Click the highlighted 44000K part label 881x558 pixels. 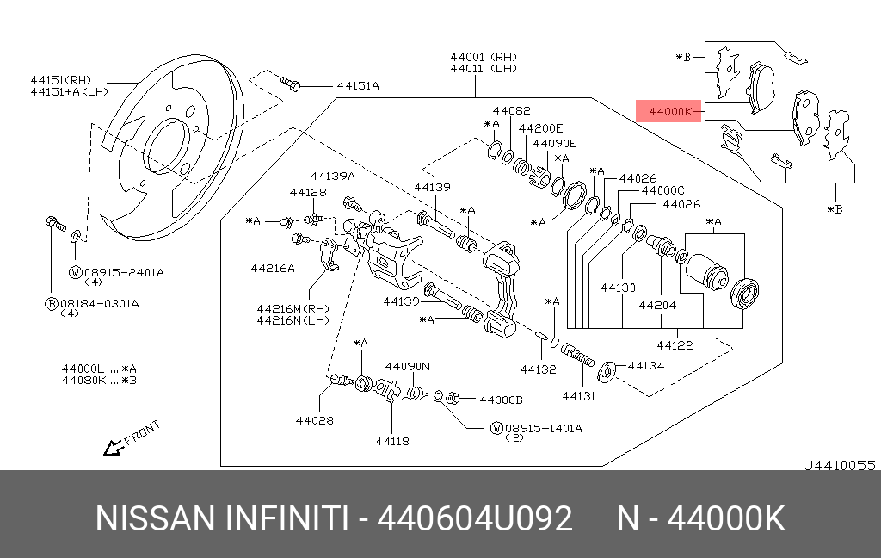[x=669, y=111]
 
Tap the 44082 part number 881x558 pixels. [x=511, y=110]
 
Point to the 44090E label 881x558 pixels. [x=554, y=143]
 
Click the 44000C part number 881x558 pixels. [x=662, y=190]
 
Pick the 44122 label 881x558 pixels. [x=675, y=345]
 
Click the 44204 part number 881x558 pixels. [x=657, y=304]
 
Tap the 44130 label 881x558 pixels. [x=618, y=288]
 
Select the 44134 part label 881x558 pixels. [x=647, y=365]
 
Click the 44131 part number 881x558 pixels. [x=579, y=396]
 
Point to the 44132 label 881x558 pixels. [x=538, y=369]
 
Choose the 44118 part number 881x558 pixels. [x=391, y=442]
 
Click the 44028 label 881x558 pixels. [x=314, y=421]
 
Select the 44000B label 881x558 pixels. [x=501, y=400]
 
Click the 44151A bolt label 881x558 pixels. [x=358, y=85]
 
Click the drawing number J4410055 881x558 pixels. [x=840, y=465]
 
